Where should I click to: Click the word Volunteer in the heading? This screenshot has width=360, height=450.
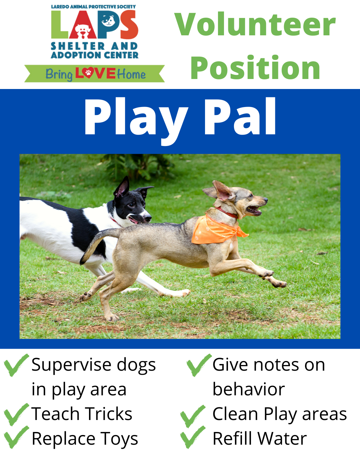255,24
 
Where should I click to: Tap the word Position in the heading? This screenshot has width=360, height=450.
255,67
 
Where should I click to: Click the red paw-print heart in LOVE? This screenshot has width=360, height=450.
88,73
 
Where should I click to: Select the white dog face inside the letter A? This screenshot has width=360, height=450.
83,31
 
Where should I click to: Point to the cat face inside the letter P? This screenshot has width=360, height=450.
108,20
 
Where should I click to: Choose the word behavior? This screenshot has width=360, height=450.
249,389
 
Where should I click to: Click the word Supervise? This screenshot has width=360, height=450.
71,365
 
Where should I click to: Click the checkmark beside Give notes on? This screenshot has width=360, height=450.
199,365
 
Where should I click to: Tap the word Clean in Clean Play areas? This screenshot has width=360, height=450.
235,414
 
